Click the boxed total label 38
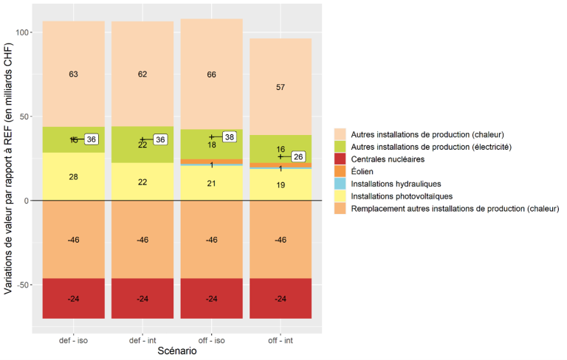point(229,137)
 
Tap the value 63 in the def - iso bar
point(73,75)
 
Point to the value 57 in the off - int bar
point(280,87)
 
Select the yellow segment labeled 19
point(280,185)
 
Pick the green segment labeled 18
point(211,145)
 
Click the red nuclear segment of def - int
point(142,299)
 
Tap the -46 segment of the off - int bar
point(280,240)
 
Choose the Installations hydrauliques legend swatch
point(340,184)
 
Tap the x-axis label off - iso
point(211,341)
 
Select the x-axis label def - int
point(142,341)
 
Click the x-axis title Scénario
point(176,352)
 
